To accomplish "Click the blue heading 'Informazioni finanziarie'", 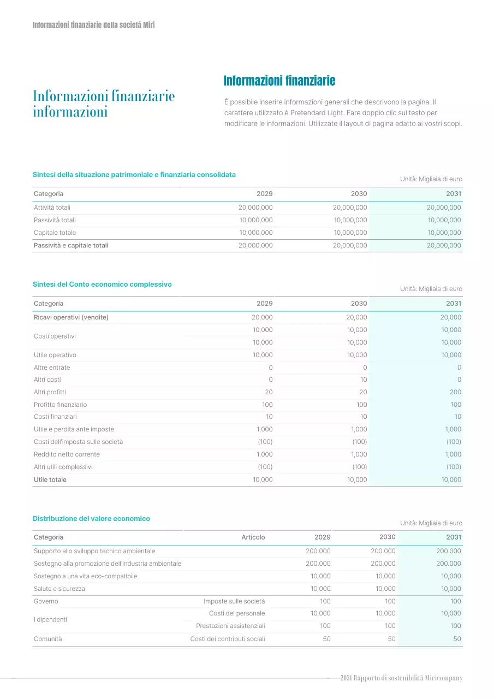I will click(279, 81).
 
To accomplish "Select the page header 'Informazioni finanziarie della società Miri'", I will click(93, 25).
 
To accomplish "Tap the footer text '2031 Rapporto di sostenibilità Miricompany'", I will click(401, 678).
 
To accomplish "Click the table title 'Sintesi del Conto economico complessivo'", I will click(102, 285).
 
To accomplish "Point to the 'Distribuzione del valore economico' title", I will click(91, 518).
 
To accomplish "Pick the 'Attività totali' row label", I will click(52, 208).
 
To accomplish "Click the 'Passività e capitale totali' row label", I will click(71, 245).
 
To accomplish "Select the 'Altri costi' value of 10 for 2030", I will click(364, 380).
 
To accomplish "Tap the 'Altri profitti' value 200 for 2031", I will click(455, 392).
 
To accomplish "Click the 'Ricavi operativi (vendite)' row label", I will click(71, 317).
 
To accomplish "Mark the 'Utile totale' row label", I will click(50, 479).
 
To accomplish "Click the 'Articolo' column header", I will click(253, 537).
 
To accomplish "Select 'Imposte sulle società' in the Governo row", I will click(234, 601).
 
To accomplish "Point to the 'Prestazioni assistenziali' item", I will click(230, 626).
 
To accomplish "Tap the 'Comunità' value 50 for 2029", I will click(326, 639).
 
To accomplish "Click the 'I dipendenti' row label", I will click(50, 619).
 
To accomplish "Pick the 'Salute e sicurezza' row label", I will click(59, 589).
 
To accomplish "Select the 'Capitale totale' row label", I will click(55, 233).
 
